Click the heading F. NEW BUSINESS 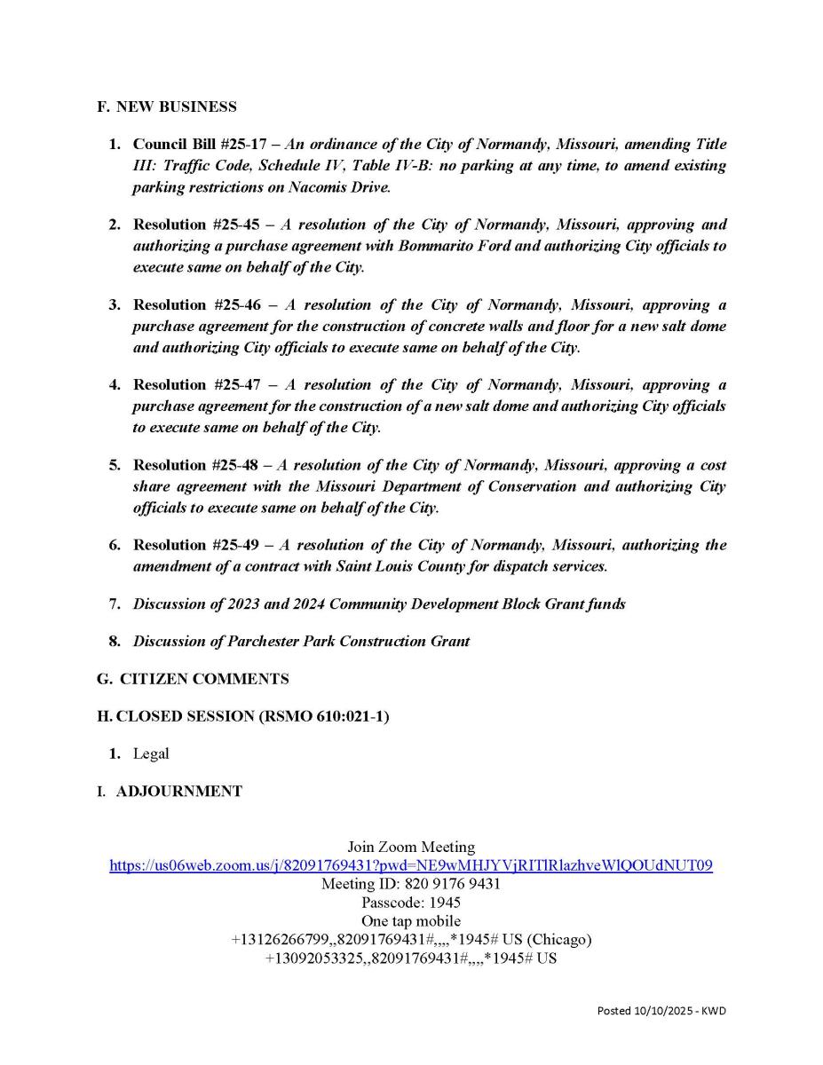[x=167, y=107]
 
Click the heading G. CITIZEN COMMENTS [x=193, y=679]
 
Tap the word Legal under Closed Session [x=151, y=753]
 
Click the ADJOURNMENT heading [x=178, y=792]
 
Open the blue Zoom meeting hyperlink [x=411, y=865]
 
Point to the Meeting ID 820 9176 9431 [x=411, y=884]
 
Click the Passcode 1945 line [x=411, y=903]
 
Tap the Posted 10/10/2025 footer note [x=661, y=1011]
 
